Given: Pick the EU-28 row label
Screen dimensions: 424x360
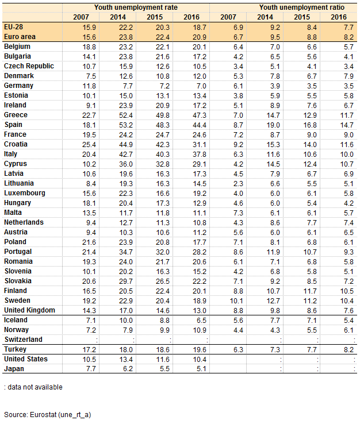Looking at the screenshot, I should click(x=14, y=27).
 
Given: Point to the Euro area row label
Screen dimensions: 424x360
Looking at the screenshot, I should click(x=18, y=37).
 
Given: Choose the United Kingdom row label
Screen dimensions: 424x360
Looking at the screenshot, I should click(x=29, y=310).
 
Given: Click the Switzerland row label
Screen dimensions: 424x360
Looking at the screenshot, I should click(x=23, y=340).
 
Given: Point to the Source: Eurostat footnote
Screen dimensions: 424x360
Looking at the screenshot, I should click(x=48, y=414).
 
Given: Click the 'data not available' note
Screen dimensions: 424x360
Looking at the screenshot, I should click(x=33, y=387).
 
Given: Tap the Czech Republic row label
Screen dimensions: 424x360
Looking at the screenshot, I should click(x=29, y=66).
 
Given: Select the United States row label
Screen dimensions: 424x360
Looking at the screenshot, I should click(x=26, y=359).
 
